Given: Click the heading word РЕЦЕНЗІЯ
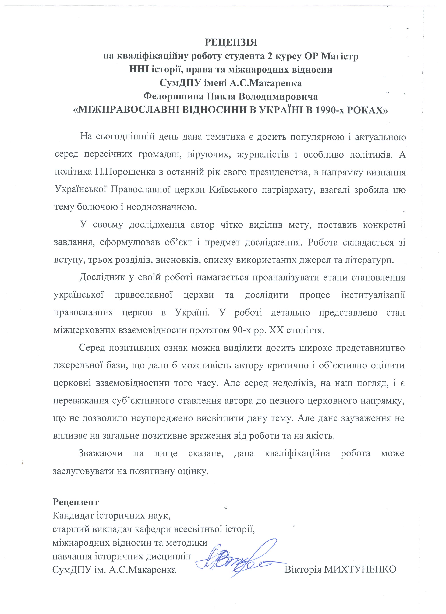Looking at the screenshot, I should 231,43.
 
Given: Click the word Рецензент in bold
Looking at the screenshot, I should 76,502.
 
